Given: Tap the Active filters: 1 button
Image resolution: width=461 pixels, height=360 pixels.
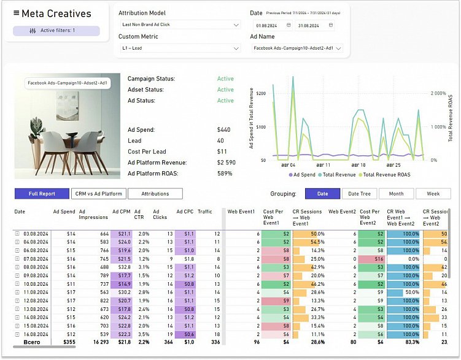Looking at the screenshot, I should coord(52,31).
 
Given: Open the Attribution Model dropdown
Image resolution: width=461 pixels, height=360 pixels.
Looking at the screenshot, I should coord(179,25).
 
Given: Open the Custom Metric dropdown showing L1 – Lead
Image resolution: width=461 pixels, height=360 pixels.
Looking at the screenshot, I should coord(179,48).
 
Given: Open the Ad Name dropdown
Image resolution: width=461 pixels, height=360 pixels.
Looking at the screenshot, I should coord(296,48).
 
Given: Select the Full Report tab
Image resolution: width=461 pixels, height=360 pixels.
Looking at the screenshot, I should coord(42,194).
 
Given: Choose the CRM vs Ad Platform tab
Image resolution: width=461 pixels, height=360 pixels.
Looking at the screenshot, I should coord(99,194).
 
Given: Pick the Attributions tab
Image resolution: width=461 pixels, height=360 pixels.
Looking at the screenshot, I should coord(155,194).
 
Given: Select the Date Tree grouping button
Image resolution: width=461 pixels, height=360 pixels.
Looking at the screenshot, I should coord(359,194).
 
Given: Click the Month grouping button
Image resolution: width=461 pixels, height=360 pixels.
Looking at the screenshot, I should coord(396,194).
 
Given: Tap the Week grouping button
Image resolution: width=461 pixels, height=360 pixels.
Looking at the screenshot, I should coord(433,194).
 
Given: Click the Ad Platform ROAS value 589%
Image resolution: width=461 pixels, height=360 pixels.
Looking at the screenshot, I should coord(225,174).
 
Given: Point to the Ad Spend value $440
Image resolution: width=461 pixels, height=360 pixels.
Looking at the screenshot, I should coord(223,130).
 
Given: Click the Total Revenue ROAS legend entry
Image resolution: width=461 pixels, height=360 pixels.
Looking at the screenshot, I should coord(386,175).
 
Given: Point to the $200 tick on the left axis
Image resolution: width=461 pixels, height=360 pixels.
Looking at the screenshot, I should coord(260,94).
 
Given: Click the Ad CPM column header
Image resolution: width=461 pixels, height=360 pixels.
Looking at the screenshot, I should coord(120,212).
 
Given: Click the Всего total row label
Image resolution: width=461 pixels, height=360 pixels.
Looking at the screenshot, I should coord(32,342).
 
